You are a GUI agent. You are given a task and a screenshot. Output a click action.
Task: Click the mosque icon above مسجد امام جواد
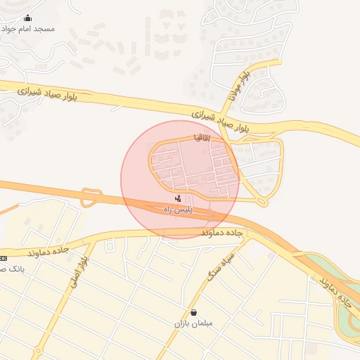click(27, 18)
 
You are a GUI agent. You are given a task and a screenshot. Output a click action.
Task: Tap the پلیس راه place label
click(178, 210)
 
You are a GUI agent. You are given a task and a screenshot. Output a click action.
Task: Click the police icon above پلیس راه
click(178, 200)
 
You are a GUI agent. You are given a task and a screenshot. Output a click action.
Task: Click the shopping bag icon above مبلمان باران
click(193, 312)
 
